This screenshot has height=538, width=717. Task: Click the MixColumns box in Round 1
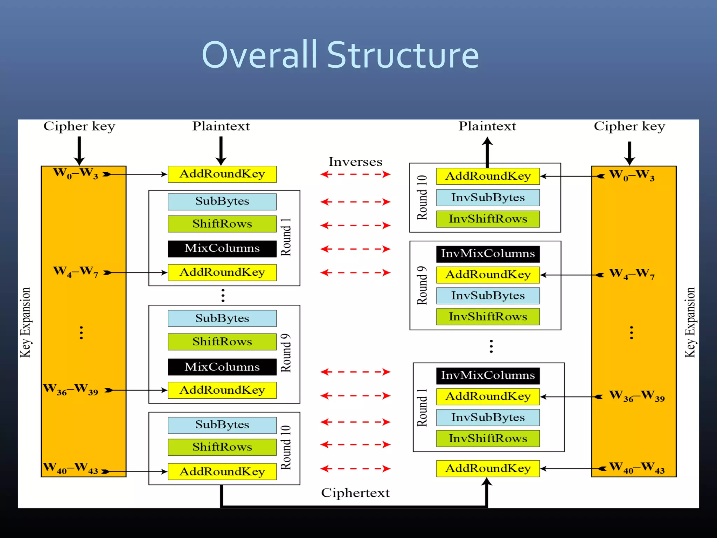(x=222, y=248)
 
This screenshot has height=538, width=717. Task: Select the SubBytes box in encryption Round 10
(x=222, y=425)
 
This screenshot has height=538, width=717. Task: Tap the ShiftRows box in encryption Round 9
(x=222, y=342)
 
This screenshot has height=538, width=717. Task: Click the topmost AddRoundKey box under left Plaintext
(x=222, y=174)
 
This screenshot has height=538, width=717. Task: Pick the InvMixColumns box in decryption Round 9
(x=488, y=254)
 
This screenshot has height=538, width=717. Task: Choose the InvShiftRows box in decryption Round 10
(x=488, y=219)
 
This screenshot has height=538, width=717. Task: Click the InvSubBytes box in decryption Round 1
(x=488, y=418)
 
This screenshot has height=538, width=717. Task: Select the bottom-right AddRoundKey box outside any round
(x=488, y=468)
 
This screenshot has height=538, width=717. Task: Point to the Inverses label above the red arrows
(x=355, y=162)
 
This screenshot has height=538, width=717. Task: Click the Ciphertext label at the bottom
(x=355, y=493)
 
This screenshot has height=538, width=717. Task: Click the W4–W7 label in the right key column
(x=632, y=274)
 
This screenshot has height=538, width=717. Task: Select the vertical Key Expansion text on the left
(x=25, y=322)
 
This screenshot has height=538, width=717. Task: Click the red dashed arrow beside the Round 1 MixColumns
(x=355, y=249)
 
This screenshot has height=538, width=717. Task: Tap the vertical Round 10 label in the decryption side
(x=422, y=197)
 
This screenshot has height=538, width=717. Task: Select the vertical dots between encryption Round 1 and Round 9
(x=223, y=295)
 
